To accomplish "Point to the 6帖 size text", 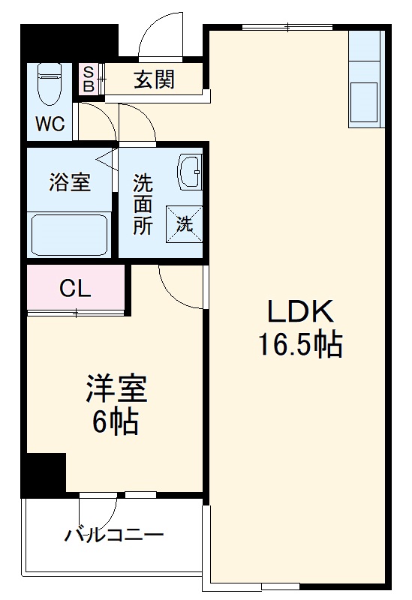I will tap(115, 423).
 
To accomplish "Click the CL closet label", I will tap(75, 289).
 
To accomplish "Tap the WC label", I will tap(50, 124).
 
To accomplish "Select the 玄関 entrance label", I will tap(155, 79).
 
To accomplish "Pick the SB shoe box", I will tap(89, 79).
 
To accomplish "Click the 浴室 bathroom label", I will tap(70, 182).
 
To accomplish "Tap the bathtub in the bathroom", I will tap(70, 234).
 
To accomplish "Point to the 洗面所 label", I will tap(143, 204).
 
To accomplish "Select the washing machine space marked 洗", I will tap(185, 222).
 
